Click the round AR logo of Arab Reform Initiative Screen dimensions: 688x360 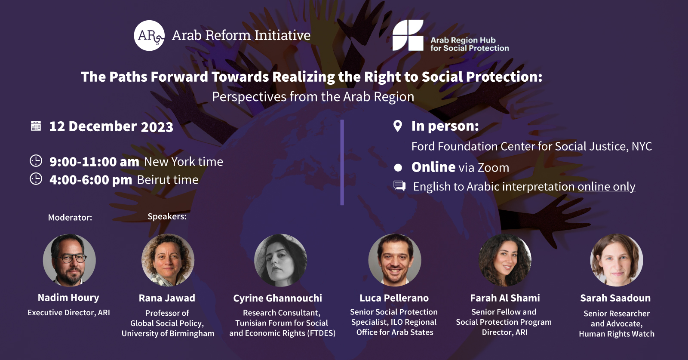click(x=149, y=35)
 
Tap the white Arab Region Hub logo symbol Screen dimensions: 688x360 click(x=408, y=35)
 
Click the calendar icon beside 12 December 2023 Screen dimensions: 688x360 click(x=36, y=126)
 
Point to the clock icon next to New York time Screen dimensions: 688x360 click(x=36, y=161)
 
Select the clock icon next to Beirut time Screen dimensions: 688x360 click(x=36, y=179)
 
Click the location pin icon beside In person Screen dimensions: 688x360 click(x=398, y=126)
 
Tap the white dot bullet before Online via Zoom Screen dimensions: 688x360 click(x=398, y=167)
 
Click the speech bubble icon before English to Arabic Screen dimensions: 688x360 click(x=399, y=186)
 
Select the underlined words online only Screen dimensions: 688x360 click(x=607, y=187)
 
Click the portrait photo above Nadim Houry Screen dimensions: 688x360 click(x=69, y=260)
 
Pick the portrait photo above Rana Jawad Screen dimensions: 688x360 click(x=168, y=260)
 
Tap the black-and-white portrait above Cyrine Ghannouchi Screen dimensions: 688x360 click(x=281, y=260)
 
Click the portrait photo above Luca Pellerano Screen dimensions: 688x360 click(x=395, y=260)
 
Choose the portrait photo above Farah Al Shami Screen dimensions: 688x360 click(x=505, y=260)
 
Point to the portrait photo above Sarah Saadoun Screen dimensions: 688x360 click(x=617, y=260)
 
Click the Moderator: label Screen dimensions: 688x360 click(x=70, y=218)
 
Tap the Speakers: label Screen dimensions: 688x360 click(x=167, y=216)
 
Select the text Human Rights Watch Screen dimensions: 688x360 click(x=617, y=334)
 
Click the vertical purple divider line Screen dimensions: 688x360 click(x=342, y=162)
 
